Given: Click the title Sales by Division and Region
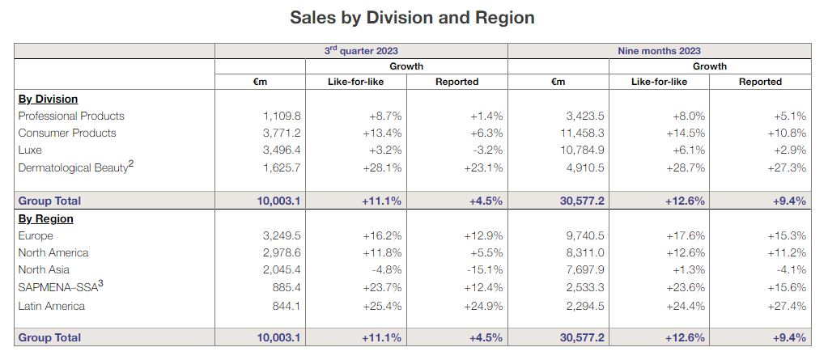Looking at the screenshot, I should click(x=413, y=17).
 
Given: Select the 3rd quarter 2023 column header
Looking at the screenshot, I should click(x=361, y=50).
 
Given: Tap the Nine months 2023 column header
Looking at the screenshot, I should click(x=659, y=50).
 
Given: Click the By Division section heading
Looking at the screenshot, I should click(x=48, y=99).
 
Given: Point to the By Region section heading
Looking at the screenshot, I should click(x=45, y=218).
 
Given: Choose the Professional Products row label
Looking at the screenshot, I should click(x=71, y=116).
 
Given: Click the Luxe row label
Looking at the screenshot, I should click(x=30, y=150).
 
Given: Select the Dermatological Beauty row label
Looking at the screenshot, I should click(x=74, y=167).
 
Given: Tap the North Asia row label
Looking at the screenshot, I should click(x=44, y=269).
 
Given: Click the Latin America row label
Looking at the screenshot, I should click(x=53, y=306).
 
